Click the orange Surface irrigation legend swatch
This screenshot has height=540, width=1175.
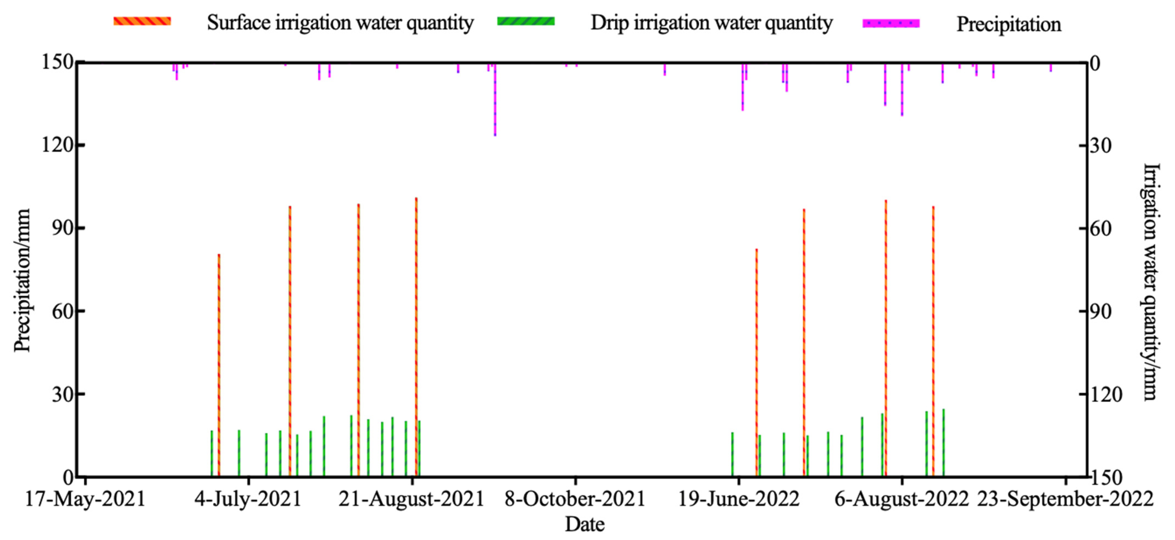click(142, 21)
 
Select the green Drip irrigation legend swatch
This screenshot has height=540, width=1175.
click(526, 21)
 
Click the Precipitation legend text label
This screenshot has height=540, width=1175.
click(1008, 24)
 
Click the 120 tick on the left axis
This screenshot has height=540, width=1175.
click(57, 145)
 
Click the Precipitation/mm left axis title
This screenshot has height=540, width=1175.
click(22, 280)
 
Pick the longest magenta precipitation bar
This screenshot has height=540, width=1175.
click(495, 100)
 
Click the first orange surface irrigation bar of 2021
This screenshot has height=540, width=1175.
click(219, 365)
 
